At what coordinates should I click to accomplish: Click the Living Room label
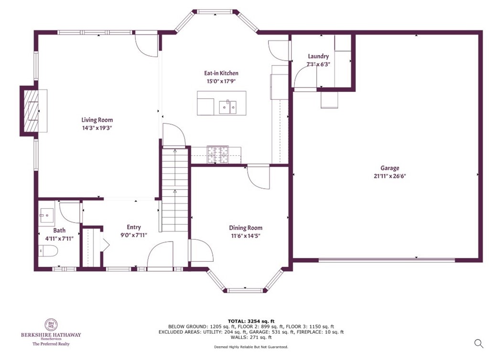pos(97,120)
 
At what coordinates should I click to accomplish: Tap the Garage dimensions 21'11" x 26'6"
pos(390,176)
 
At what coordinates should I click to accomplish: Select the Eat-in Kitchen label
pos(221,73)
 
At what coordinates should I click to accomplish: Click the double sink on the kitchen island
pos(228,107)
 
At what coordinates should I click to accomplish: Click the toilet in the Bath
pos(48,250)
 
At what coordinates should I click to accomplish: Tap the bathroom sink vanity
pos(47,215)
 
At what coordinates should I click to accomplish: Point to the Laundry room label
pos(318,56)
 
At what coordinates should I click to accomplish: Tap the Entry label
pos(134,227)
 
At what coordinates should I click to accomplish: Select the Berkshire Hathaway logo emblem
pos(51,325)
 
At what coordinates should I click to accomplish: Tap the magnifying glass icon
pos(478,343)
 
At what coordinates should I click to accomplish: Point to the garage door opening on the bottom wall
pos(387,260)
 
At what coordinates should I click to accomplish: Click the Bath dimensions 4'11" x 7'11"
pos(56,238)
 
